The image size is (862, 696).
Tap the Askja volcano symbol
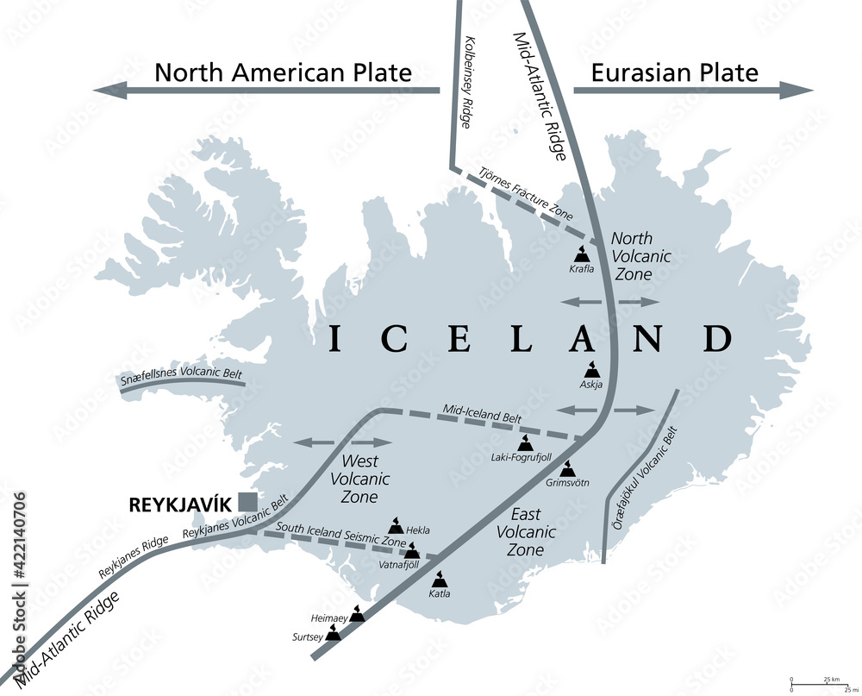[591, 368]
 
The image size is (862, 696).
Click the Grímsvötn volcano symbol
[568, 469]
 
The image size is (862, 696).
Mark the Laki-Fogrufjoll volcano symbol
[524, 443]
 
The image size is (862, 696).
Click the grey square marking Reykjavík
[248, 501]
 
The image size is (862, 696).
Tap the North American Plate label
[283, 72]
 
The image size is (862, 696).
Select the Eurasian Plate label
[675, 72]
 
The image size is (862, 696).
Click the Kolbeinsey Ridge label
[473, 83]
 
